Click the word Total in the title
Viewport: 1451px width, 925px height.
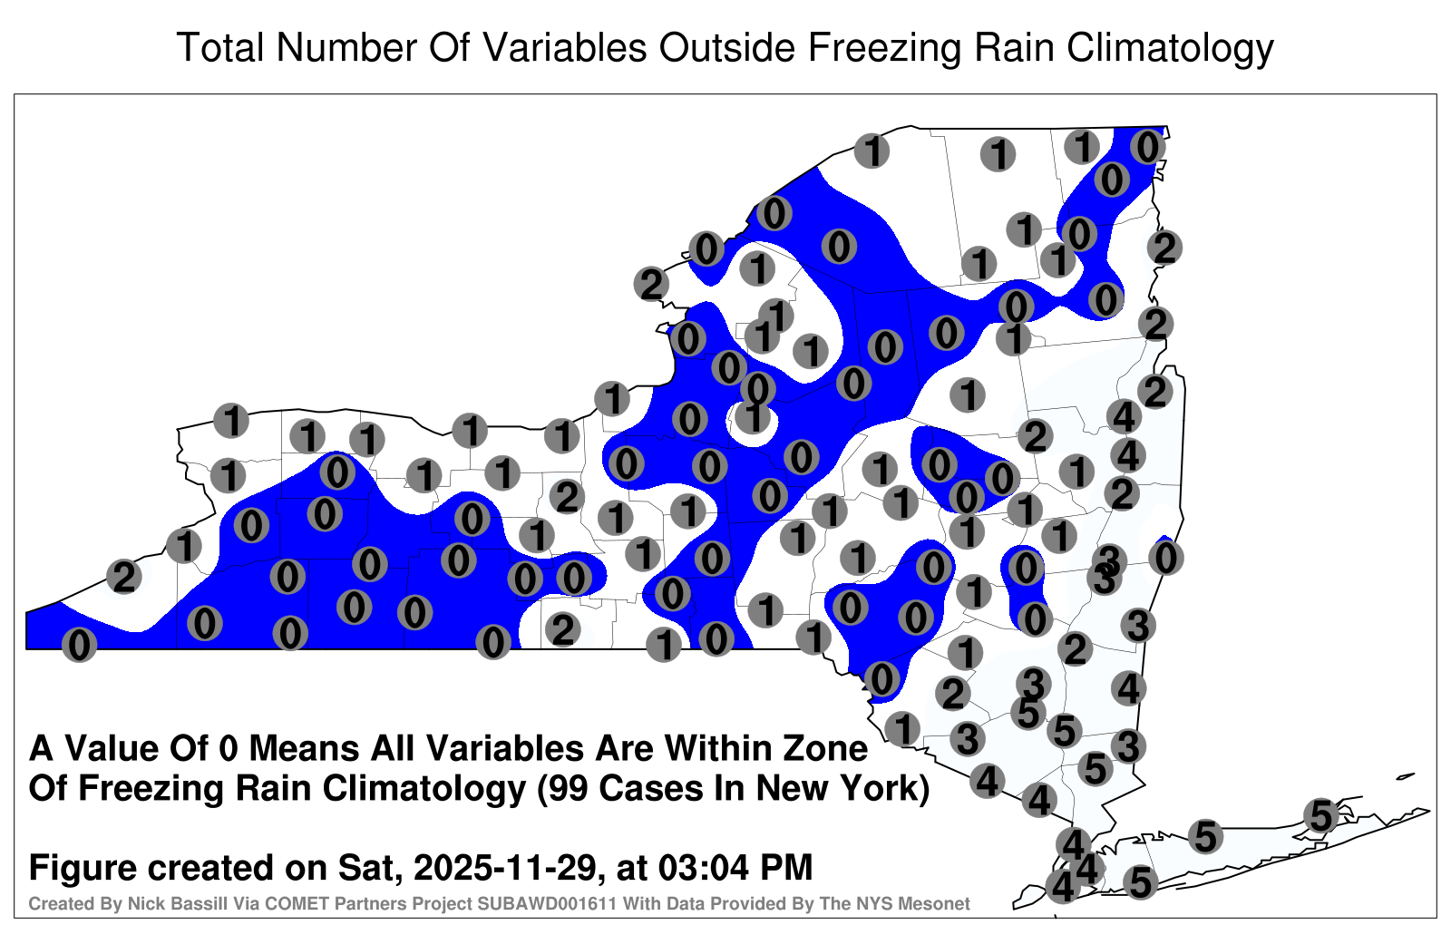(x=219, y=47)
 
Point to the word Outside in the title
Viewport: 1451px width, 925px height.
(x=726, y=47)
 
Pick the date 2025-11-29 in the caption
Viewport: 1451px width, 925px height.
(x=504, y=867)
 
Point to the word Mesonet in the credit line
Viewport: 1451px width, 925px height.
(x=935, y=904)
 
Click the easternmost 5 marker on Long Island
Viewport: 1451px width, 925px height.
(x=1320, y=815)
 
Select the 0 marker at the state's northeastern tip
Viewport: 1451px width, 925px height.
(x=1147, y=147)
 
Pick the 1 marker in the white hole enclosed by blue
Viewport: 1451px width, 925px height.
(x=753, y=417)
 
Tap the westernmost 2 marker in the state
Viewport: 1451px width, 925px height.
(x=124, y=576)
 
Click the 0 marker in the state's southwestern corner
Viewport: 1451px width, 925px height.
(x=79, y=645)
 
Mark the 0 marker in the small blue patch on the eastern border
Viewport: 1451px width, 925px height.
(x=1166, y=558)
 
